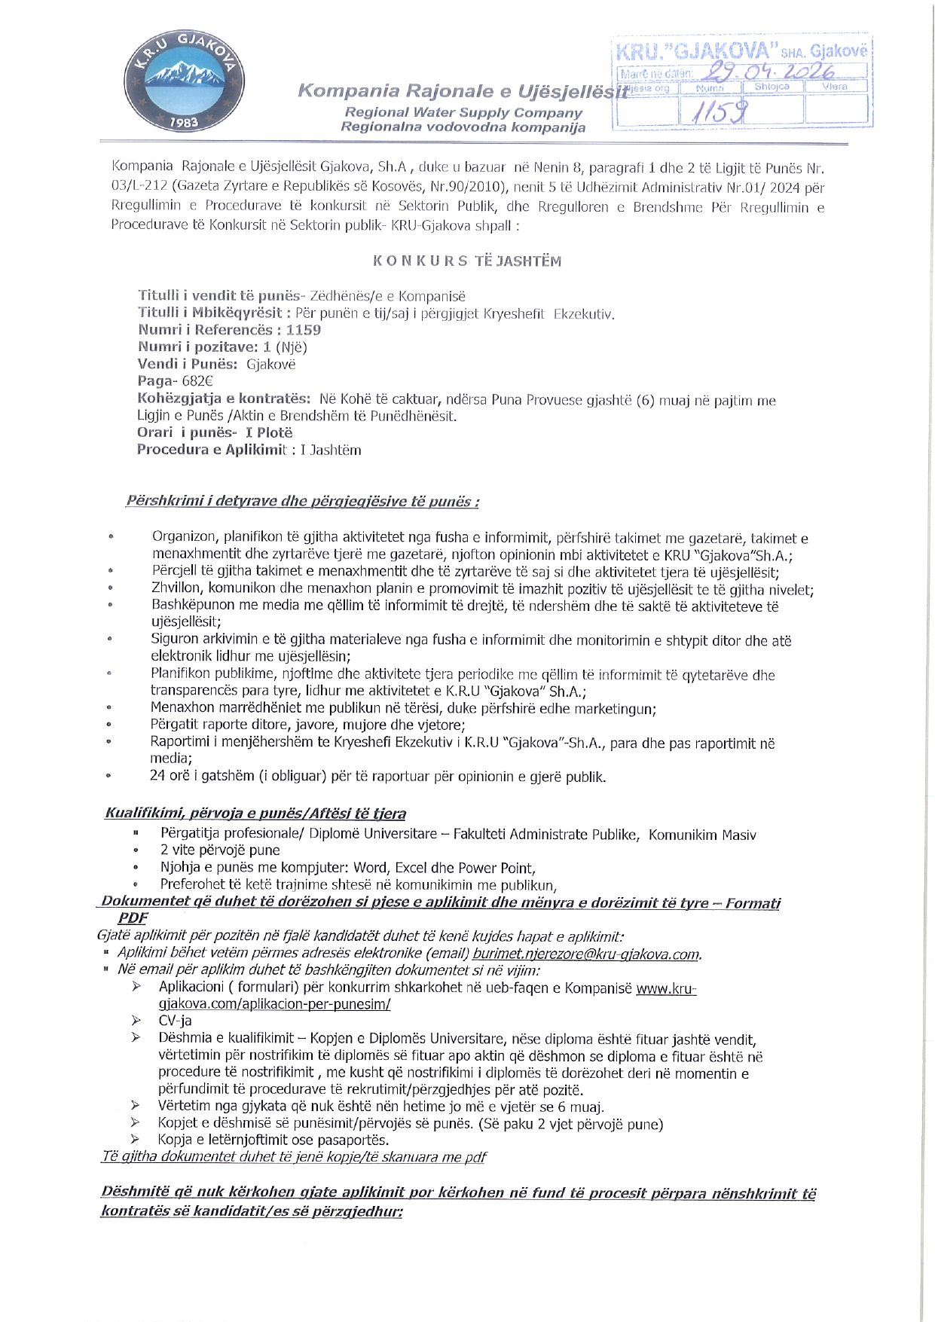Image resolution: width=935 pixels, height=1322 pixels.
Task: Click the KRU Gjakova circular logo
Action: [x=184, y=81]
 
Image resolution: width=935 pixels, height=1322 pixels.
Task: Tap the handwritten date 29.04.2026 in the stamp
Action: [x=768, y=72]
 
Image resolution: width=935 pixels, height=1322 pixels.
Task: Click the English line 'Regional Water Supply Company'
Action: [x=463, y=112]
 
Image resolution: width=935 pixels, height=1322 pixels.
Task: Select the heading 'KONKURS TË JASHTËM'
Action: [x=467, y=261]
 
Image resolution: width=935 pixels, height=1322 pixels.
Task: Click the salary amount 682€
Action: [x=197, y=381]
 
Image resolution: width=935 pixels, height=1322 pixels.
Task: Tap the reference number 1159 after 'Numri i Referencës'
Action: [x=304, y=330]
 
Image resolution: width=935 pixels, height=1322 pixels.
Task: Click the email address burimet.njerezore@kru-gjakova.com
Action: [x=587, y=954]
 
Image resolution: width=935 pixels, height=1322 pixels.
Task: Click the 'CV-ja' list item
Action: [x=175, y=1021]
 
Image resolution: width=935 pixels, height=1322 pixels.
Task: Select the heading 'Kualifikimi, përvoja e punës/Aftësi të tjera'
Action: [x=255, y=814]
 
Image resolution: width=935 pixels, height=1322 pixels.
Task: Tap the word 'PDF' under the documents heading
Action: [x=133, y=918]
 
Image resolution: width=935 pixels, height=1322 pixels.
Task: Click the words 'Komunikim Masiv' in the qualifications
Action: [x=702, y=835]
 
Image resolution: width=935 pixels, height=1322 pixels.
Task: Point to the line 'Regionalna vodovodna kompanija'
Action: [x=463, y=127]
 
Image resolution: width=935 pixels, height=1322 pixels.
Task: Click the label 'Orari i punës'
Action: [x=185, y=432]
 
